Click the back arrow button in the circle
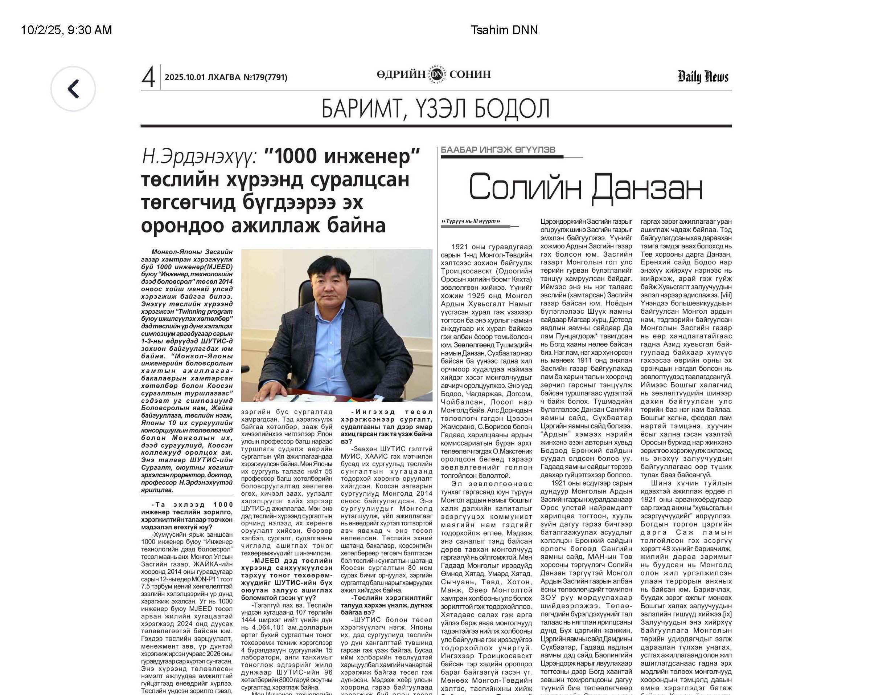[x=73, y=89]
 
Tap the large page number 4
[x=148, y=77]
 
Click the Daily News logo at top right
[x=702, y=77]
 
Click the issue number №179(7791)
[x=265, y=77]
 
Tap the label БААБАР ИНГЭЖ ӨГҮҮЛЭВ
[x=498, y=150]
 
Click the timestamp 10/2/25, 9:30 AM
[x=66, y=30]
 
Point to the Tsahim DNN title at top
[x=504, y=30]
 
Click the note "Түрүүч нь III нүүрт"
[x=470, y=221]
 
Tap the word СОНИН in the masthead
[x=470, y=74]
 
